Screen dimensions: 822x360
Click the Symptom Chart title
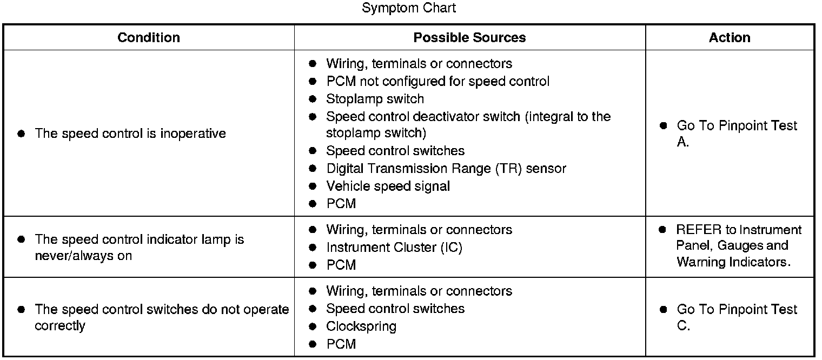coord(409,8)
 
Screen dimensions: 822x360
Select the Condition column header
coord(149,37)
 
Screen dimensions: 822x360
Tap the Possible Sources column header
coord(469,37)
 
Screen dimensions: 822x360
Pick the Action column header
coord(730,37)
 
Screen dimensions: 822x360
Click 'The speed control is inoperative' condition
coord(130,134)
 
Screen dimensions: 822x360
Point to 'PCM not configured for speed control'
coord(437,81)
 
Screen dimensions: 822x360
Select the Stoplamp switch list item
coord(375,99)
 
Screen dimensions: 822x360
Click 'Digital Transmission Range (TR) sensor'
coord(446,169)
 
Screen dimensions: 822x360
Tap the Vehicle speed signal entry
coord(388,186)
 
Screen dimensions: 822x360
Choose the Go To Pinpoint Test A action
coord(737,134)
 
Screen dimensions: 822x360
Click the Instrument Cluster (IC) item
coord(394,248)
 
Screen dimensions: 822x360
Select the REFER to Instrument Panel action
coord(739,246)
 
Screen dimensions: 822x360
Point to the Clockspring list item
coord(361,326)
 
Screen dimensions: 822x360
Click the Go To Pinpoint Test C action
coord(737,317)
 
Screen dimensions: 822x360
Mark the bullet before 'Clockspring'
coord(312,326)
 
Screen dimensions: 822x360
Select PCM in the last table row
coord(341,344)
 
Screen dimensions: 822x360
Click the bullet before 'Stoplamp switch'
coord(312,99)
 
